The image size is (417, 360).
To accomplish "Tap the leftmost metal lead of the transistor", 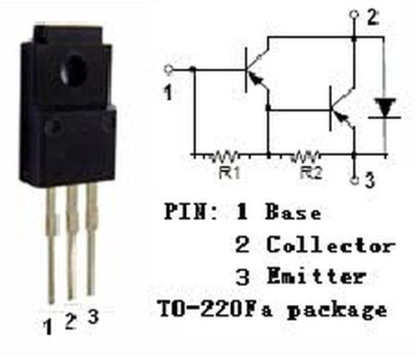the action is [x=51, y=244].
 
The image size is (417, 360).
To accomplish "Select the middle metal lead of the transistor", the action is [x=73, y=242].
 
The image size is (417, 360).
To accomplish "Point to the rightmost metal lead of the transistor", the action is [x=92, y=239].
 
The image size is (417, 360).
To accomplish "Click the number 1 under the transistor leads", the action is [x=48, y=327].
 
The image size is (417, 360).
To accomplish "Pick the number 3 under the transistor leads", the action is [x=93, y=317].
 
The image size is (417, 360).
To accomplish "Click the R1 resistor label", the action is [x=229, y=172].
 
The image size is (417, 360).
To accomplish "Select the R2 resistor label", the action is [x=311, y=172].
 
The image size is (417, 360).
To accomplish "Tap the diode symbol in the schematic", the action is [x=385, y=108].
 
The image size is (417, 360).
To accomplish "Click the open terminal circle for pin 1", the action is [x=168, y=69].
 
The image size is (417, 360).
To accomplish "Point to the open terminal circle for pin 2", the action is [x=354, y=14].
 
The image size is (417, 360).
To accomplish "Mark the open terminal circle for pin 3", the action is [x=354, y=181].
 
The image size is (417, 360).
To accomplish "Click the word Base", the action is [x=294, y=212].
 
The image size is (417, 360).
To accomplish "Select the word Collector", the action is [x=331, y=244].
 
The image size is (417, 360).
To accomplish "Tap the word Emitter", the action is [x=316, y=276].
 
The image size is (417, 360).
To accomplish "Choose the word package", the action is [x=337, y=310].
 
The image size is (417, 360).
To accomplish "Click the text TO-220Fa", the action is [x=215, y=308].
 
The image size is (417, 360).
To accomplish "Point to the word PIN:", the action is [x=191, y=211].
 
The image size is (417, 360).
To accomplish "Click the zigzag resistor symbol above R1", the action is [x=223, y=156].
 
